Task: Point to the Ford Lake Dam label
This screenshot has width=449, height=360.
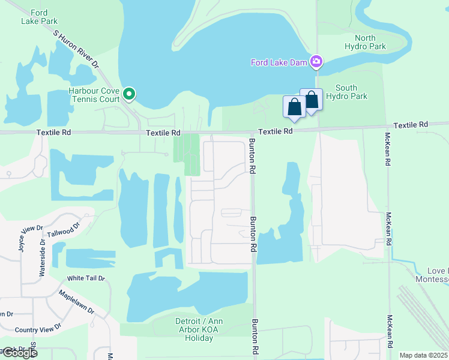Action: (279, 62)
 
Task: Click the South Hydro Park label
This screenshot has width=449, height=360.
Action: (351, 92)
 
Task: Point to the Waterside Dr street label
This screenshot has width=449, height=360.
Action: (43, 257)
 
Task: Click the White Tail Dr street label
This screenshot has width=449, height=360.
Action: (86, 278)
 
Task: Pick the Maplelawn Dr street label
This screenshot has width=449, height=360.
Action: (76, 302)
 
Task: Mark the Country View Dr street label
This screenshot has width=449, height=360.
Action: (38, 329)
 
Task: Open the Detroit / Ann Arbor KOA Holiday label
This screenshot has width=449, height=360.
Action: (186, 329)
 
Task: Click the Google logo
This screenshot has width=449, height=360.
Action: (19, 353)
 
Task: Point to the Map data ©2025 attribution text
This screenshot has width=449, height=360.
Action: (424, 355)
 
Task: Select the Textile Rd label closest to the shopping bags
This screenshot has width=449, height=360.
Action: (276, 131)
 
